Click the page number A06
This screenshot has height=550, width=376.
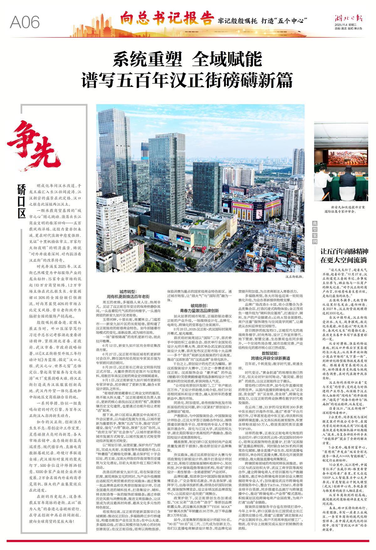[x=25, y=22]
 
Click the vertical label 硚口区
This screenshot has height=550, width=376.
[x=21, y=201]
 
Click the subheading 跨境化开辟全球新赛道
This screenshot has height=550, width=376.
[x=270, y=358]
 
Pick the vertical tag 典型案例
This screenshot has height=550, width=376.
[x=315, y=232]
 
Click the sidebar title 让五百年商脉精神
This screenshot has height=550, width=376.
[x=344, y=251]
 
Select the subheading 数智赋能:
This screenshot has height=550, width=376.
[x=270, y=353]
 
